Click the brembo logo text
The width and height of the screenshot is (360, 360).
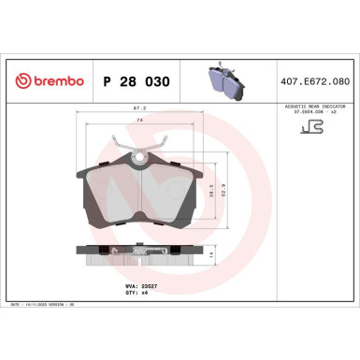click(55, 82)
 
